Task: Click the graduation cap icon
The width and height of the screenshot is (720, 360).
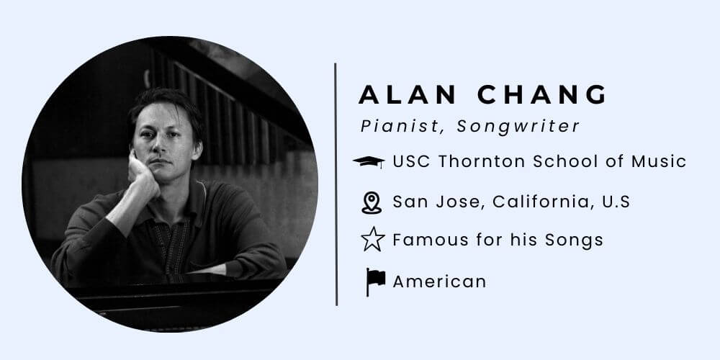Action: (x=369, y=162)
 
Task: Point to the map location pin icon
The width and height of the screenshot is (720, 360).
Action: (x=371, y=202)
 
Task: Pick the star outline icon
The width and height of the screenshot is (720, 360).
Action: (x=372, y=240)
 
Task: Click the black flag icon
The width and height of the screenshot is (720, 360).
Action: (x=374, y=282)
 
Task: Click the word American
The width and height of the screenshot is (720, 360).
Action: (x=439, y=282)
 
